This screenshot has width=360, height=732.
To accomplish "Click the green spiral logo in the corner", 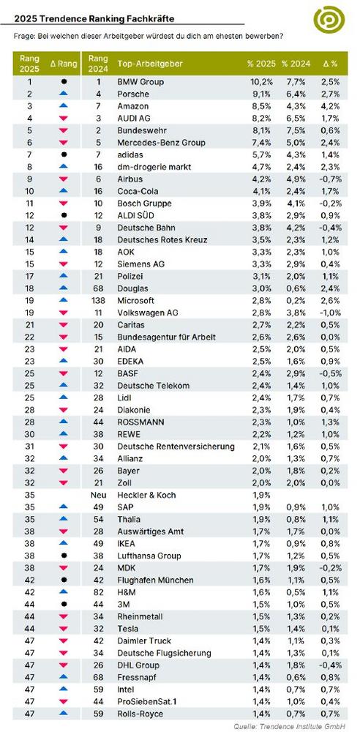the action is click(x=329, y=20).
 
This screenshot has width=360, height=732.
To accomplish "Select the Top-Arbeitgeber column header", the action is click(x=150, y=64).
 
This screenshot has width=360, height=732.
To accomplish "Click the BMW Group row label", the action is click(x=140, y=82).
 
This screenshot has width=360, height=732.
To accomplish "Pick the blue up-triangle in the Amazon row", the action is click(x=64, y=106).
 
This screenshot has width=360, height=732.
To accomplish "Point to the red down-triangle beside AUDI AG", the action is click(x=64, y=119).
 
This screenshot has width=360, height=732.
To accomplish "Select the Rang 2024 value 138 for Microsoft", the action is click(x=97, y=300).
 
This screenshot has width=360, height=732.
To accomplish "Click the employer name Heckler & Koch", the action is click(x=146, y=495).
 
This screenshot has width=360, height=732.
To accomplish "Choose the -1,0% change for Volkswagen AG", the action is click(x=331, y=313).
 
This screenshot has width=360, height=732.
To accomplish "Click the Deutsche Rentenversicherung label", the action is click(x=176, y=447).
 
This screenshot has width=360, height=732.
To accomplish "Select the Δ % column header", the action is click(x=330, y=64).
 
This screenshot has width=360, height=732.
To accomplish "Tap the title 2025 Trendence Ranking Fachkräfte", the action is click(x=95, y=19).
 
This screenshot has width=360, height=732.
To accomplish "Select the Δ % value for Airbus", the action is click(x=331, y=179).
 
